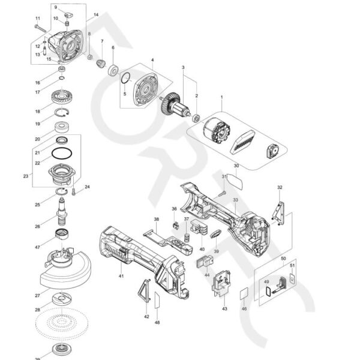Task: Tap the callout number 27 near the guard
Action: click(x=37, y=295)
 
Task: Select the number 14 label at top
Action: click(x=96, y=14)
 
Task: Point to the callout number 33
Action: click(x=236, y=199)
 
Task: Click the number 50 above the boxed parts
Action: click(x=283, y=258)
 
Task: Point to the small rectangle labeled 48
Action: click(x=157, y=300)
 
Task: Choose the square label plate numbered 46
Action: click(x=244, y=295)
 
